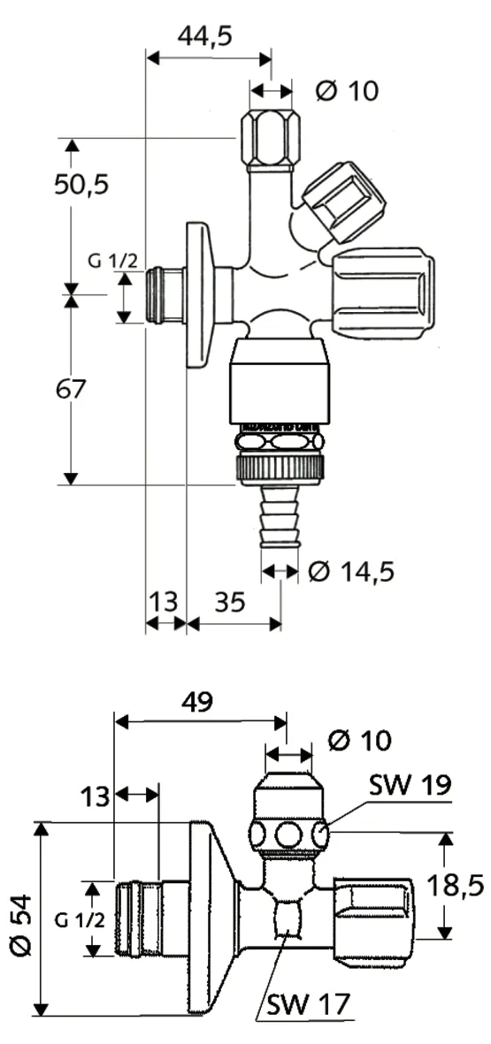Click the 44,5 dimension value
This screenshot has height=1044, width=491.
point(204,36)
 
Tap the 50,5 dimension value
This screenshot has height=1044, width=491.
point(81,184)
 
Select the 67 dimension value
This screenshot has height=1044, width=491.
point(71,389)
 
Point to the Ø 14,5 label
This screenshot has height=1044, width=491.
point(351,571)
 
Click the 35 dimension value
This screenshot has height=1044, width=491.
point(230,603)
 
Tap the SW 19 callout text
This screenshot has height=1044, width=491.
point(411,786)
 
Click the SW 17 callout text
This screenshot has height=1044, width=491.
point(308,1005)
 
